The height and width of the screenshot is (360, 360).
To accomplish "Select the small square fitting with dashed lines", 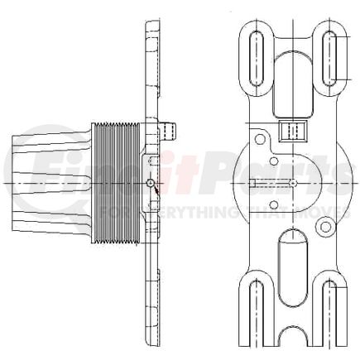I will [293, 130].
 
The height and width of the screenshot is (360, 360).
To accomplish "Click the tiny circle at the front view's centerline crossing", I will [294, 181].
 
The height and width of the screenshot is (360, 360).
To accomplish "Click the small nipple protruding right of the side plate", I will [172, 129].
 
